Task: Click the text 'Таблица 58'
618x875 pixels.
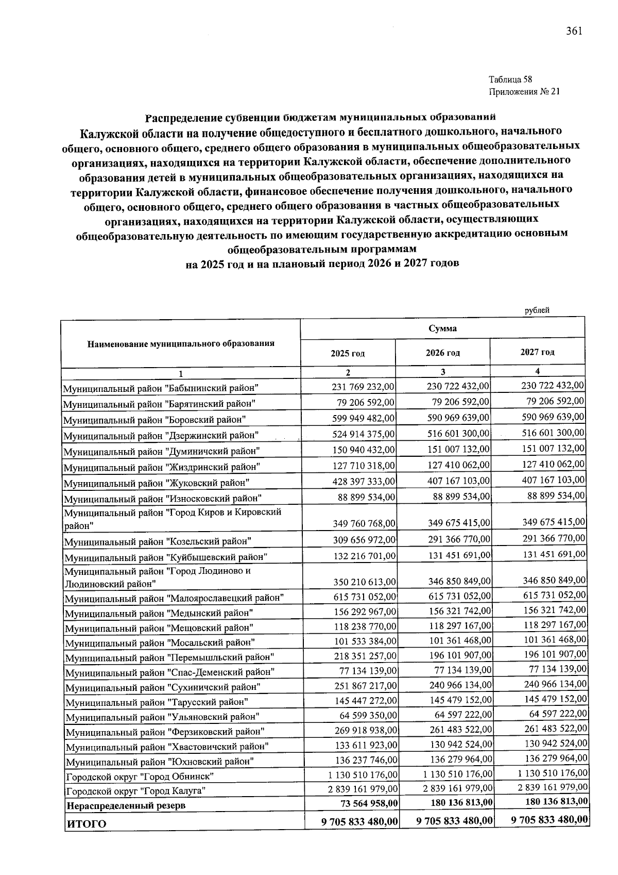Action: (510, 79)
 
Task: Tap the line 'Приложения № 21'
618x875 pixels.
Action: (523, 92)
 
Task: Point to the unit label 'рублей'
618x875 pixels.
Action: (537, 310)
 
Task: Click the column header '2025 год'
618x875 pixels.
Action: (348, 353)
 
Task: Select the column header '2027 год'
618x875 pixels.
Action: (537, 352)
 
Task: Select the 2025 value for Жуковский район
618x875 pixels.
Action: (364, 481)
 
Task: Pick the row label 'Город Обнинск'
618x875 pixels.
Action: (140, 776)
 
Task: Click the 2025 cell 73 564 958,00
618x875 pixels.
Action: (368, 803)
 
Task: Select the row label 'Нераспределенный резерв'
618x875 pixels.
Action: (126, 805)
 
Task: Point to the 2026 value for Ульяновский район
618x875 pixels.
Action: (461, 715)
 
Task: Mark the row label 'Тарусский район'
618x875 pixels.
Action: (157, 702)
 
